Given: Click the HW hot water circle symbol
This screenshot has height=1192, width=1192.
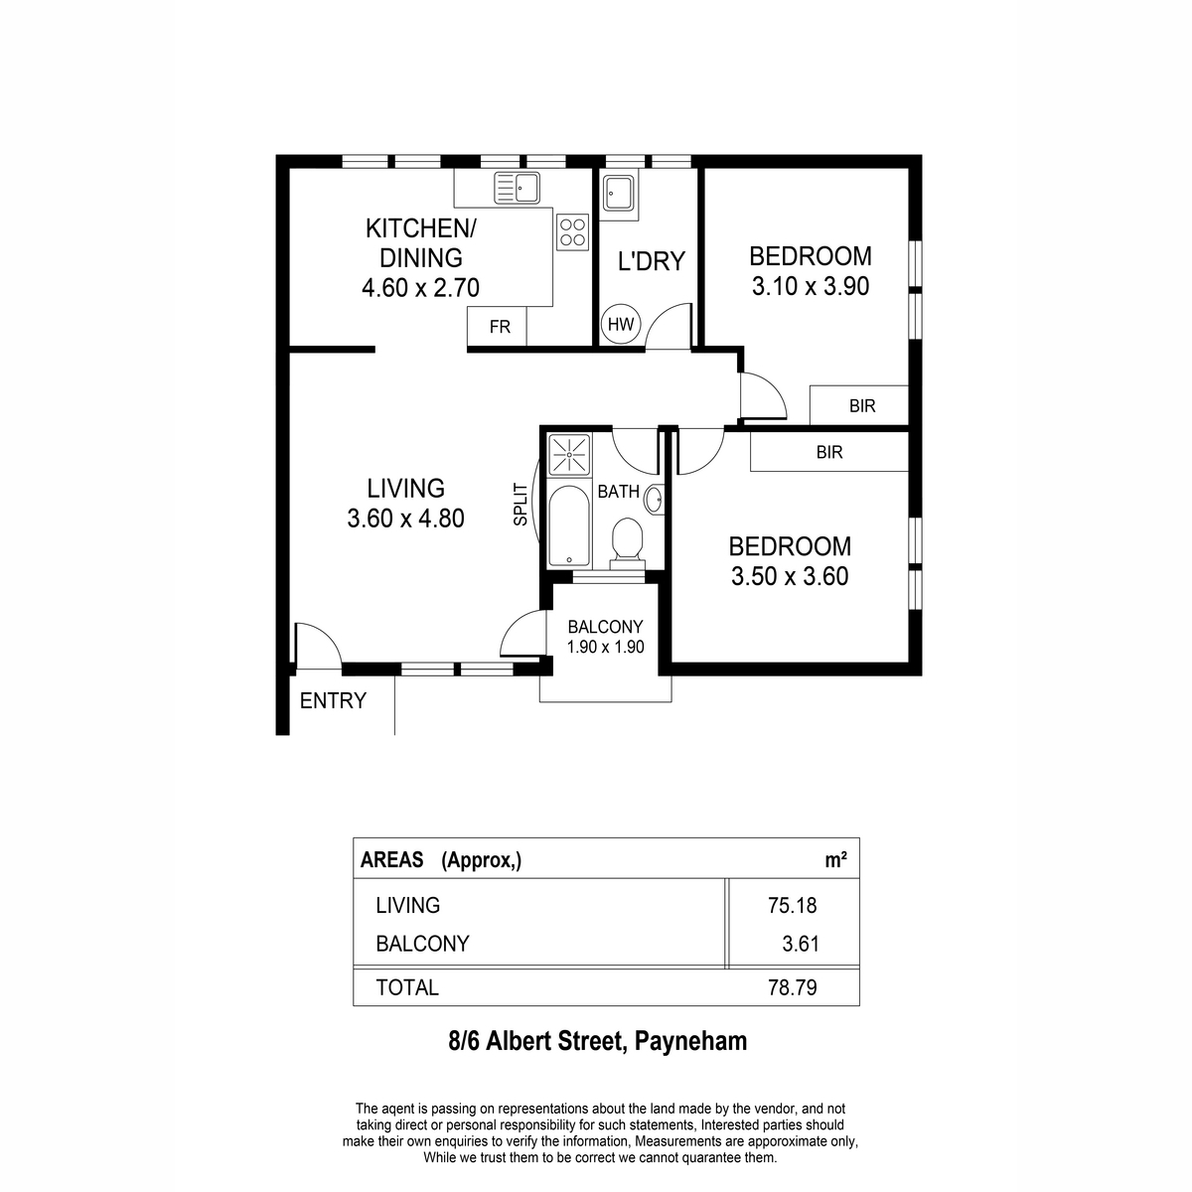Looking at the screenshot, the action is [621, 324].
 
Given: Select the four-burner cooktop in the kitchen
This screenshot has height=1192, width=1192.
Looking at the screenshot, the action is [572, 232].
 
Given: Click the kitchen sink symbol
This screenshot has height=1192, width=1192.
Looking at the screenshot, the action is [517, 188].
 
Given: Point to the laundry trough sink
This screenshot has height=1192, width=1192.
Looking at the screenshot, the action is [618, 193].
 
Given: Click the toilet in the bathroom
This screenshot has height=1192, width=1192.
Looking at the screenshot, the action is [627, 543].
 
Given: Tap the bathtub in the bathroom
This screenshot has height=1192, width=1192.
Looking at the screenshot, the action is [569, 526].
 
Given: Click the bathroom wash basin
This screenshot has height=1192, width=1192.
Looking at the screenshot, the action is [654, 499].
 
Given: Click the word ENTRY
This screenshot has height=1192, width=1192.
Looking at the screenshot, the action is [333, 700].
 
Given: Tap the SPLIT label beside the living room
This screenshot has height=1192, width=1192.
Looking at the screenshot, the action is [521, 505].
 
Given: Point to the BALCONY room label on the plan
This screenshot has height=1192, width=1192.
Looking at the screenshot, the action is [605, 627].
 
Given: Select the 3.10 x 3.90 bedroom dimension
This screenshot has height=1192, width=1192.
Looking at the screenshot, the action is [811, 286].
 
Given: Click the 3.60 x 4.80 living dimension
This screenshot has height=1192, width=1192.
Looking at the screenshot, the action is [405, 519].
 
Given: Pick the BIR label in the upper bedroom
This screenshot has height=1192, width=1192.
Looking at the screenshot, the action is [862, 406].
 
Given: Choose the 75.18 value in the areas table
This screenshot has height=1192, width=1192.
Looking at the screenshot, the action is [793, 905].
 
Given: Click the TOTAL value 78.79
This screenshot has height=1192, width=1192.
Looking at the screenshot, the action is [793, 987].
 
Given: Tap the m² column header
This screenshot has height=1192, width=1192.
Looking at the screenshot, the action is [835, 860].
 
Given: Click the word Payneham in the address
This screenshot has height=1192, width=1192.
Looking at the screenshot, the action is [691, 1042].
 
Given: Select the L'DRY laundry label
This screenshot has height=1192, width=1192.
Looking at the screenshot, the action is [652, 261].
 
